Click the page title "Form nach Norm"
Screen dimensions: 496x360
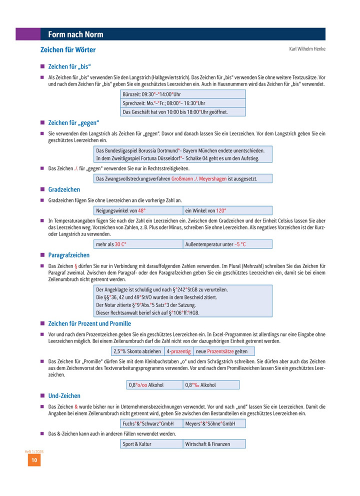[75, 34]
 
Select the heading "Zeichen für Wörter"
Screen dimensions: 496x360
[68, 50]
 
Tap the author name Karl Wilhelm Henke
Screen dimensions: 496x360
[307, 49]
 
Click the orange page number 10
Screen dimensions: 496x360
[34, 460]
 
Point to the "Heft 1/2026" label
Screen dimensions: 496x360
[34, 451]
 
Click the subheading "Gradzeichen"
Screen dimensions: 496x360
[64, 190]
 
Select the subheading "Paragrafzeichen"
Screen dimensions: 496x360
[69, 255]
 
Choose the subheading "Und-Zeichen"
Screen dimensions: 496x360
[64, 395]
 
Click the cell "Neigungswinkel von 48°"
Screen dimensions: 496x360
[138, 210]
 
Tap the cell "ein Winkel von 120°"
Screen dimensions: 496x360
[227, 210]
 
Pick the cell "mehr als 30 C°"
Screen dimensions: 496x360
[138, 244]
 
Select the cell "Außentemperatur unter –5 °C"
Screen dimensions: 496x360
[227, 244]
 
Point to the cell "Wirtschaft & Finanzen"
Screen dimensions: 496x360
[214, 444]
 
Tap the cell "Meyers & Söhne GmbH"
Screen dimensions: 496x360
[214, 424]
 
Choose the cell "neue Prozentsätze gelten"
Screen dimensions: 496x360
[221, 351]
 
